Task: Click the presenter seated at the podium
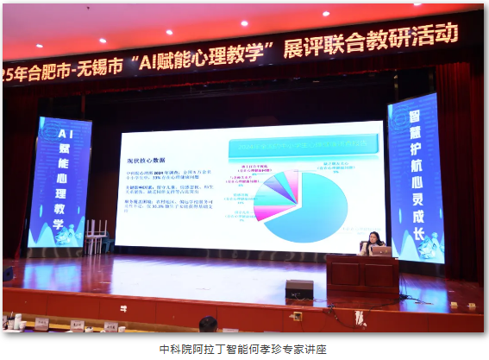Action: point(374,241)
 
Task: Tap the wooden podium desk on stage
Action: point(363,275)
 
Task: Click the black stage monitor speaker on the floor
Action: point(299,289)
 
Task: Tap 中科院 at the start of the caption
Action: point(173,350)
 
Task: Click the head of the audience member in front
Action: point(208,325)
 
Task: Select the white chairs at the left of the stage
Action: point(96,232)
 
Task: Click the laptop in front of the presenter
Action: point(380,250)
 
